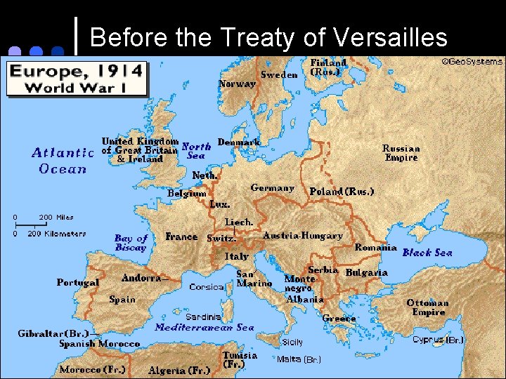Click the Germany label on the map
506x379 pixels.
click(x=272, y=188)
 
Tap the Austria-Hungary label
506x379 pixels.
click(x=302, y=236)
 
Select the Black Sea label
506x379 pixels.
click(x=427, y=253)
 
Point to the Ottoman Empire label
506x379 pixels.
click(x=427, y=307)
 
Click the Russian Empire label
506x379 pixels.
click(x=401, y=152)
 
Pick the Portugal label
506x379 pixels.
click(x=78, y=282)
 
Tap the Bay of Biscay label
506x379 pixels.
click(x=131, y=243)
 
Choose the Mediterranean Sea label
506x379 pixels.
click(x=205, y=327)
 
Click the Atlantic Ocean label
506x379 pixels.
click(x=63, y=160)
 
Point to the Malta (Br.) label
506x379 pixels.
click(x=299, y=359)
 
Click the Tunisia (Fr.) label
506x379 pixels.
click(x=240, y=360)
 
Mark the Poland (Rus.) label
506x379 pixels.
click(x=342, y=191)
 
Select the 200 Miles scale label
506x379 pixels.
click(x=56, y=218)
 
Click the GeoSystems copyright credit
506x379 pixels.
click(x=472, y=62)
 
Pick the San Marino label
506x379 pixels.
click(x=254, y=279)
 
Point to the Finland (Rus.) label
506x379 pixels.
click(x=328, y=67)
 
